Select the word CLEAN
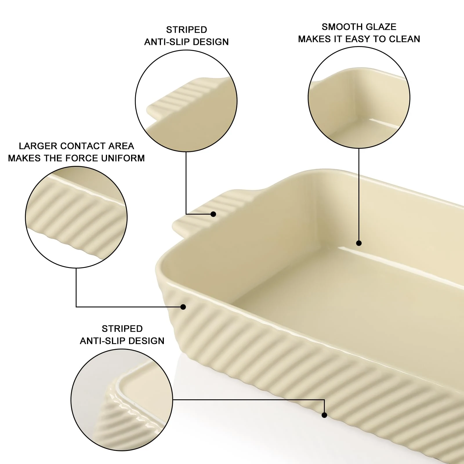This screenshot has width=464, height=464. coord(404,39)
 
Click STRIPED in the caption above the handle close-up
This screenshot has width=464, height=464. coord(186,30)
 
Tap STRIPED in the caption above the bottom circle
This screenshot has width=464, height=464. coord(122,329)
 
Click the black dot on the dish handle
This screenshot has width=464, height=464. coord(213,214)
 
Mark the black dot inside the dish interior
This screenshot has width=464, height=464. coord(359,243)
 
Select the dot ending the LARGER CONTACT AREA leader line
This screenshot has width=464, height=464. coord(183,307)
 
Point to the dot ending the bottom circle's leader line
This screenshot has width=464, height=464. coord(324,415)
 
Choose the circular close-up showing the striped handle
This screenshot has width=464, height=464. coord(186,101)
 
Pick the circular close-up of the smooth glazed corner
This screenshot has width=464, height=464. coord(359,97)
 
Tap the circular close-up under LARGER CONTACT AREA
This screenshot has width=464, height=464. coord(76,217)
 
